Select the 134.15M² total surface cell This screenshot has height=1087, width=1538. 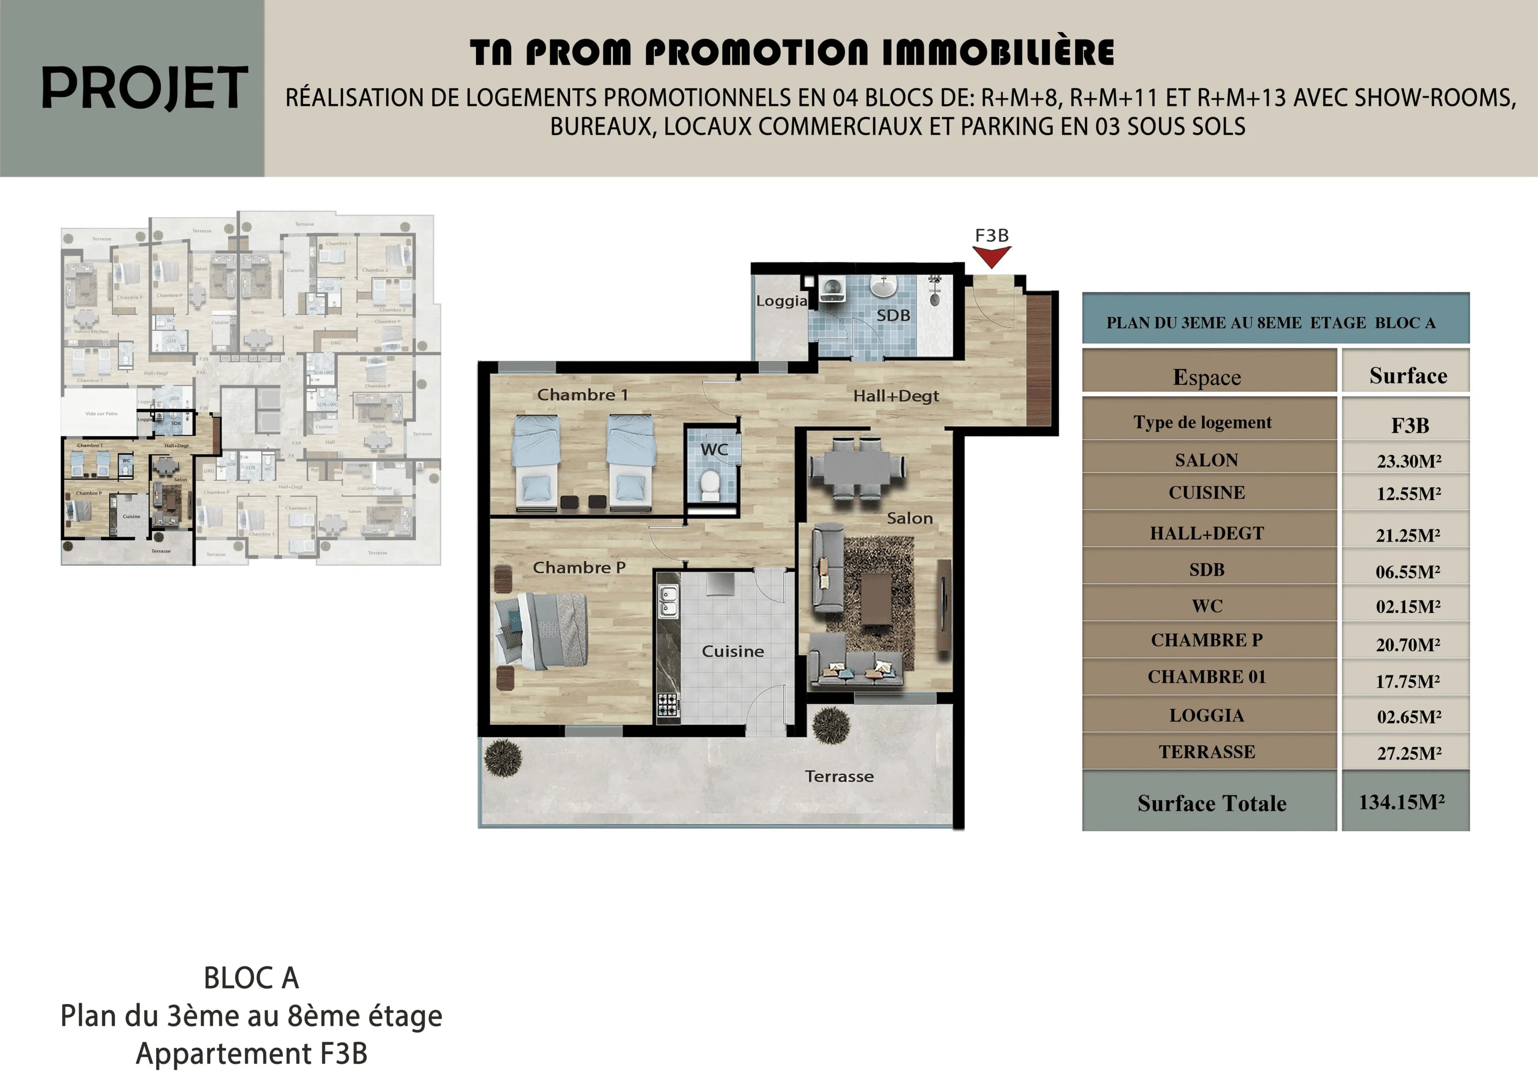[x=1405, y=802]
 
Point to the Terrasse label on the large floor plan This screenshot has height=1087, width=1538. [x=839, y=776]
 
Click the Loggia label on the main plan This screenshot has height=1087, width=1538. [x=781, y=301]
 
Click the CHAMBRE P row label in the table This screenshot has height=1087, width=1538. [x=1207, y=640]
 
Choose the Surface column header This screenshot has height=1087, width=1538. [x=1407, y=376]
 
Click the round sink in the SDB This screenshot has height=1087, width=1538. [x=883, y=287]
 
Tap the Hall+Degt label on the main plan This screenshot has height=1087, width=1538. [x=895, y=396]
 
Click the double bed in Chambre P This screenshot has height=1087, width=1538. [x=541, y=631]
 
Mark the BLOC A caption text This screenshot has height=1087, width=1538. [x=251, y=978]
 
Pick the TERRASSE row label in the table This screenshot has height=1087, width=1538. [x=1207, y=751]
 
